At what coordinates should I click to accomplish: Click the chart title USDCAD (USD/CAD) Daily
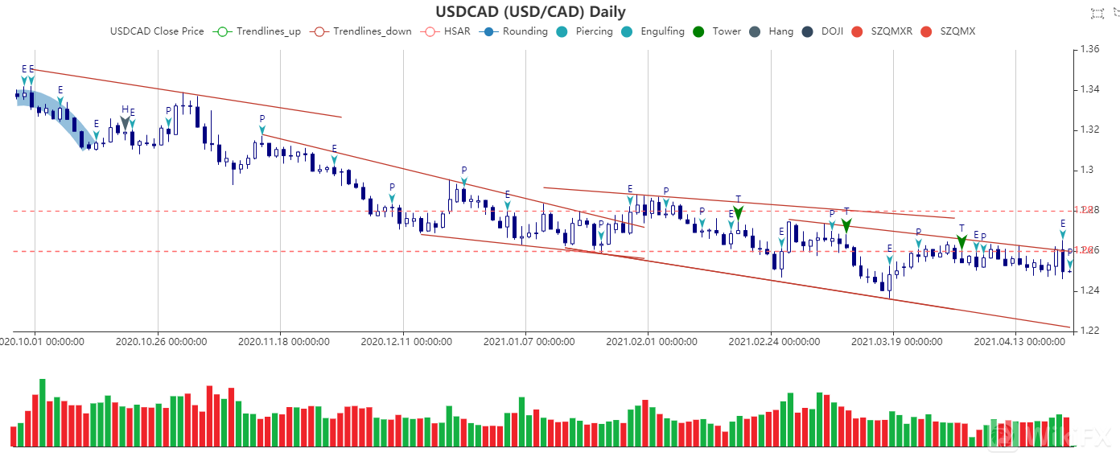coord(530,12)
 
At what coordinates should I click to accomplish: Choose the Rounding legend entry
coord(515,31)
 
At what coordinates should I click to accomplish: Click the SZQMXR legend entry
coord(881,31)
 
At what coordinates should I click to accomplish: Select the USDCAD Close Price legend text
coord(156,31)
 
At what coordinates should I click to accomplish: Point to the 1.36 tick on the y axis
coord(1090,49)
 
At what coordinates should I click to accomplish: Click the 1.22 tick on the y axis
coord(1090,331)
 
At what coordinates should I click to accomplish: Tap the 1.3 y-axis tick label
coord(1088,170)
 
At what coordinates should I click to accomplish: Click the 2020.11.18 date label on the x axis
coord(283,342)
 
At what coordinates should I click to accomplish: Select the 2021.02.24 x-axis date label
coord(774,342)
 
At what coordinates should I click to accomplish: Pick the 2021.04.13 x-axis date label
coord(1019,342)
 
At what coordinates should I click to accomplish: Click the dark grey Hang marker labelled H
coord(125,121)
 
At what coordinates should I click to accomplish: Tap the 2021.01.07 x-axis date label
coord(529,342)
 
